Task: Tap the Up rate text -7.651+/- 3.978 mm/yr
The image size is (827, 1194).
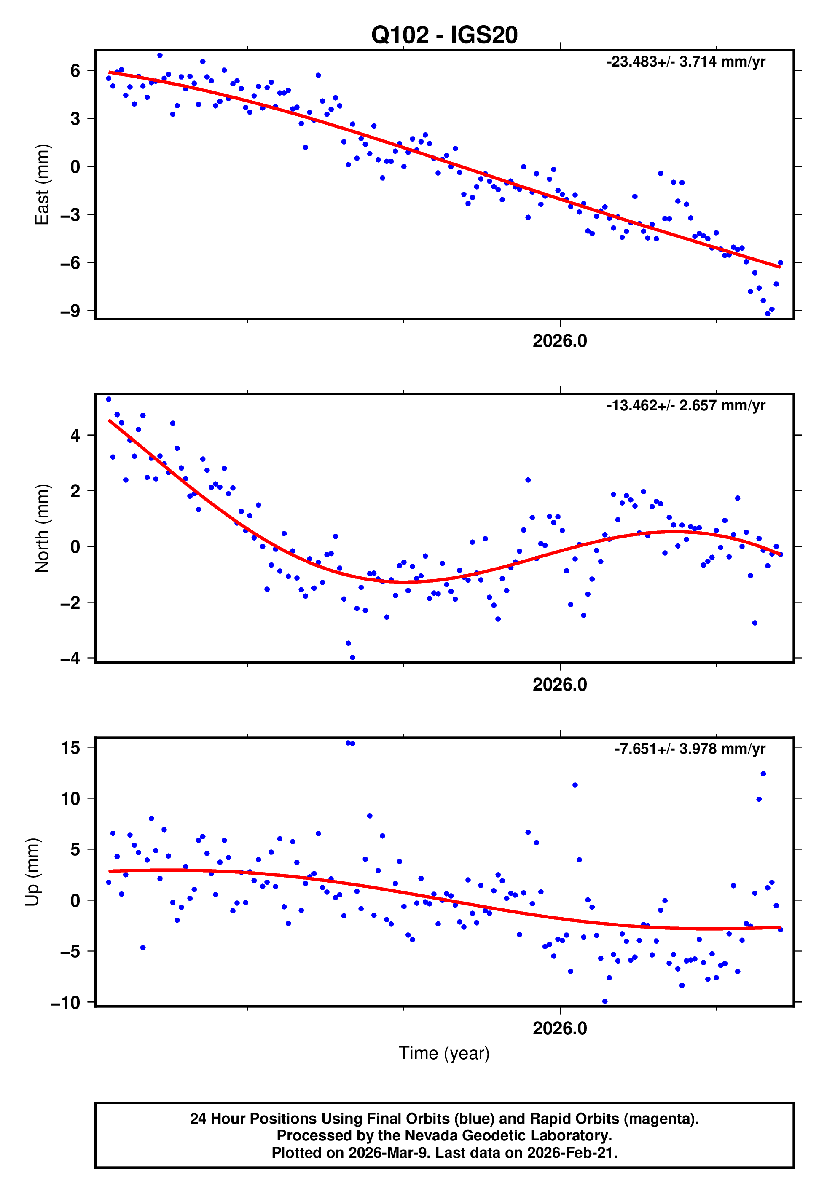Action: click(690, 749)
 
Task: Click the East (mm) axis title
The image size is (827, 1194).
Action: click(42, 185)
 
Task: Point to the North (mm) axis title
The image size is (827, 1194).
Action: click(42, 528)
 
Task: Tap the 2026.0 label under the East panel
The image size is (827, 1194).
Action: click(560, 341)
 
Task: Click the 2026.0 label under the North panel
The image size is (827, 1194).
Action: click(560, 685)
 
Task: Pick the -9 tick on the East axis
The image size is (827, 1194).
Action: click(70, 311)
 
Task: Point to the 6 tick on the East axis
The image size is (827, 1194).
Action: click(75, 70)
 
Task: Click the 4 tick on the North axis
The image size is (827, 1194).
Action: click(75, 436)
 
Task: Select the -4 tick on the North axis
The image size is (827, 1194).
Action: click(70, 659)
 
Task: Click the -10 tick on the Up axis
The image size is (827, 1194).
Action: click(65, 1002)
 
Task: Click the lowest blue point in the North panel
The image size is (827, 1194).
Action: click(352, 658)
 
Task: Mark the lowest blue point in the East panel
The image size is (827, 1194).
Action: click(768, 314)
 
